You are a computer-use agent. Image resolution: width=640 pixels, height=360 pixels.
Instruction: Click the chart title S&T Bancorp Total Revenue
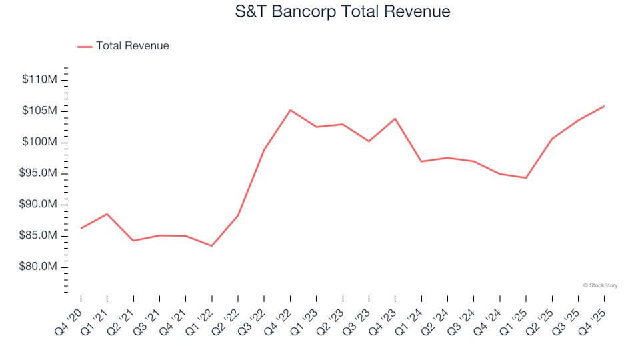pyautogui.click(x=343, y=12)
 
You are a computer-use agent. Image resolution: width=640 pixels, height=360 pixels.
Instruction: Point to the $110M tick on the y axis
pyautogui.click(x=40, y=80)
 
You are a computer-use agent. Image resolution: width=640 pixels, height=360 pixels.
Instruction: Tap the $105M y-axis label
pyautogui.click(x=40, y=111)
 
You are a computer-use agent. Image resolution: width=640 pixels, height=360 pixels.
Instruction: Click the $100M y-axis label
pyautogui.click(x=40, y=142)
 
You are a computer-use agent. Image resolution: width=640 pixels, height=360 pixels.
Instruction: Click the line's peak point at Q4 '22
pyautogui.click(x=290, y=110)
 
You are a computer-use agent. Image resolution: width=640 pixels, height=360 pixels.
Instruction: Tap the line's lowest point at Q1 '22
pyautogui.click(x=212, y=246)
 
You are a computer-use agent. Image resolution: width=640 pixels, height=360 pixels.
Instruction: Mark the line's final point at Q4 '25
pyautogui.click(x=604, y=106)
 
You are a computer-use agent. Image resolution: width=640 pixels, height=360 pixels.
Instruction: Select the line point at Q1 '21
pyautogui.click(x=107, y=214)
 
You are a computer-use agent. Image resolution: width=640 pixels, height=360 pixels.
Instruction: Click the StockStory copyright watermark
pyautogui.click(x=600, y=285)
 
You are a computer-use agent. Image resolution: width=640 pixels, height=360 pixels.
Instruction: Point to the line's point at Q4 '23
pyautogui.click(x=395, y=119)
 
